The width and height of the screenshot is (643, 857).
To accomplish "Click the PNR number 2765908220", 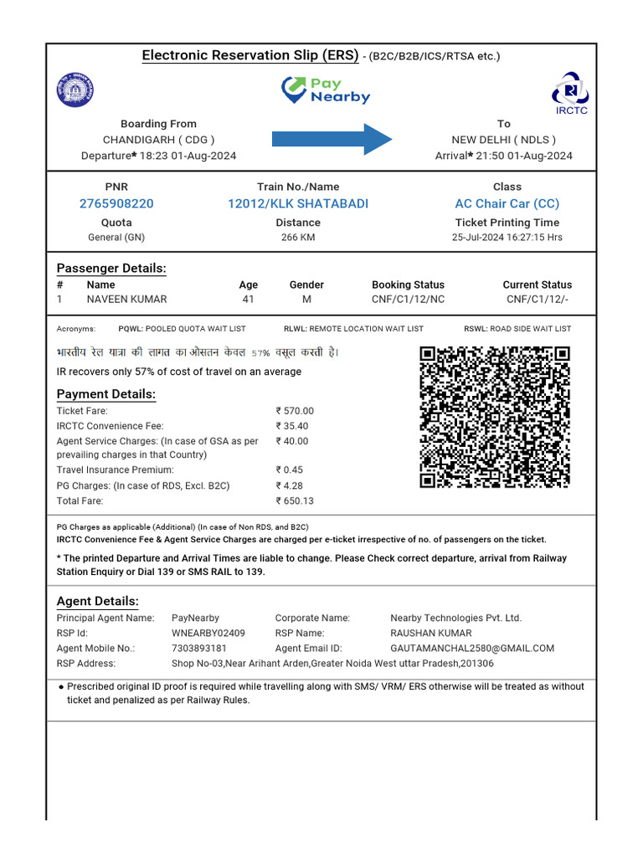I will [116, 203].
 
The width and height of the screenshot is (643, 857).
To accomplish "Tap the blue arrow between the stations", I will [332, 139].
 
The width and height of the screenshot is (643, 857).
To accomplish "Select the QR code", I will [495, 417].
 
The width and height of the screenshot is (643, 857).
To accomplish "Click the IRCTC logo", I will [571, 92].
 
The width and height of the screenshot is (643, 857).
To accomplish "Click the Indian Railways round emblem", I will [76, 90].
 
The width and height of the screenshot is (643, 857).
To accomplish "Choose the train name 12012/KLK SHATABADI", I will [298, 203].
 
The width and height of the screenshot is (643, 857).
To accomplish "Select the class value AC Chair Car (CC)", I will [507, 203].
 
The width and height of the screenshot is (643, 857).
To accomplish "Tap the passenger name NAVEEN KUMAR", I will [126, 299].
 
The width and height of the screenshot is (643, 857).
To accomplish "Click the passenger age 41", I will [248, 299].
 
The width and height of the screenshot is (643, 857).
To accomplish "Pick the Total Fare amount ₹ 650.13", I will [295, 500].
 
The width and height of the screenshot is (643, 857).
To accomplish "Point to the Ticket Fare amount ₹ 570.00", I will [295, 411].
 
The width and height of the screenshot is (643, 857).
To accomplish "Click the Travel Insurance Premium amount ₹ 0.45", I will [289, 470].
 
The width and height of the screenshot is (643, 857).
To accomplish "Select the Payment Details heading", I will [106, 394].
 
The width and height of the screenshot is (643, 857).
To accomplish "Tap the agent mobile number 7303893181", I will [199, 648].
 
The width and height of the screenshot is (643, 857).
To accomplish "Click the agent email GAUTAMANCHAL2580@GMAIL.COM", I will [472, 648].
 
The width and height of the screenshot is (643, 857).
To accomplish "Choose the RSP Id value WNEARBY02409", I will [208, 633].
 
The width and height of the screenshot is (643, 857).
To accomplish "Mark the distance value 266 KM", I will [298, 237].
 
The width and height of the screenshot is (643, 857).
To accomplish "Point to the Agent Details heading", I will [97, 601].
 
